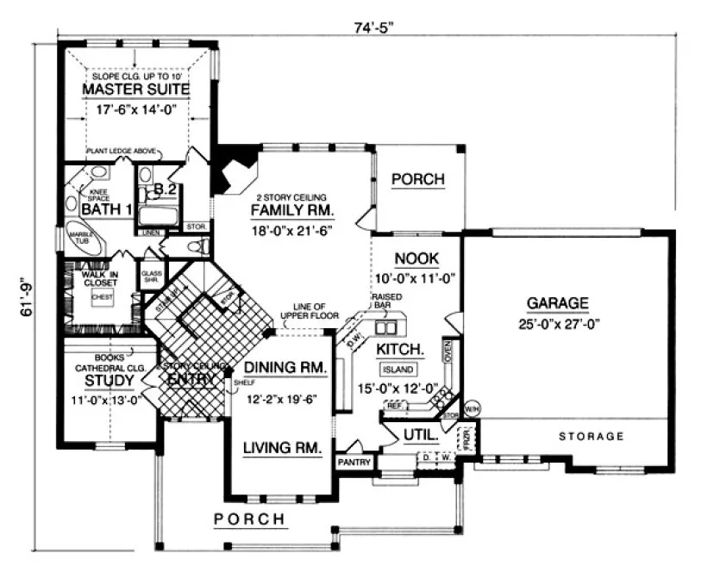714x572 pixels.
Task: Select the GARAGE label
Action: pos(558,303)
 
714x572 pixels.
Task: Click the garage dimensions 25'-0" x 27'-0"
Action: pos(558,325)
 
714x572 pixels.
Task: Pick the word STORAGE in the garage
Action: pos(591,437)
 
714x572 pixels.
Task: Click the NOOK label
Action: pos(416,258)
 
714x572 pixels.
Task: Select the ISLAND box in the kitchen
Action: pos(398,370)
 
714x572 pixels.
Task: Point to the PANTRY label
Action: pos(354,463)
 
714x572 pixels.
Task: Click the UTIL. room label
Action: pos(420,436)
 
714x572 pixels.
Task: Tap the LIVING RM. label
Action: pos(281,448)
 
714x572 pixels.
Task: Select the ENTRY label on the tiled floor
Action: pos(191,380)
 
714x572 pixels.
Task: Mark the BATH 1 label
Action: pos(105,208)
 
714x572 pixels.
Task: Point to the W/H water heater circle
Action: pos(471,407)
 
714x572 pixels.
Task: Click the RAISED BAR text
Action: pos(384,301)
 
